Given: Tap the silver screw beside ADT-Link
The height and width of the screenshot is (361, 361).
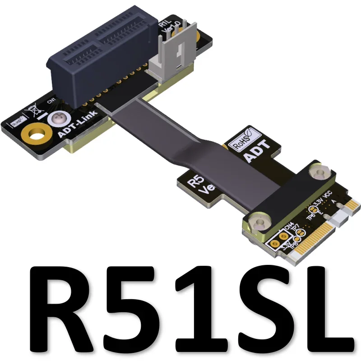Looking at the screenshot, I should [57, 120].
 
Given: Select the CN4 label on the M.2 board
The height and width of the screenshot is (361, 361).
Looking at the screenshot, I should [288, 224].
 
